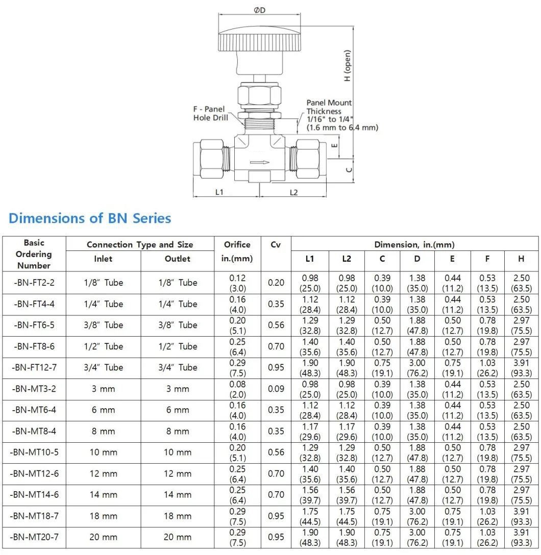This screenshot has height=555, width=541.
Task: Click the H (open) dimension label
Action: pyautogui.click(x=348, y=65)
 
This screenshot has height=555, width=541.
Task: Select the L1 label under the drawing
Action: pyautogui.click(x=219, y=192)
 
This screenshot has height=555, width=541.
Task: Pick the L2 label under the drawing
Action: pyautogui.click(x=293, y=192)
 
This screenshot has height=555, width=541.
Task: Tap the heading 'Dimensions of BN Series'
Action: pyautogui.click(x=90, y=218)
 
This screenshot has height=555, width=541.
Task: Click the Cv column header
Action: pyautogui.click(x=276, y=244)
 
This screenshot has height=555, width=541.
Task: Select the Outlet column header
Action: pyautogui.click(x=177, y=259)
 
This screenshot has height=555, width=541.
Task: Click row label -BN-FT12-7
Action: pyautogui.click(x=34, y=367)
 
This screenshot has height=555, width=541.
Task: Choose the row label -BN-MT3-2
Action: pyautogui.click(x=34, y=389)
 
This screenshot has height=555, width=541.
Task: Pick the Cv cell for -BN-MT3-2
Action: pyautogui.click(x=276, y=389)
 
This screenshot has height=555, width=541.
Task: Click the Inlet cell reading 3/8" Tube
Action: pyautogui.click(x=104, y=325)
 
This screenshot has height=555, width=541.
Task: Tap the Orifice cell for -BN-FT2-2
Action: pyautogui.click(x=237, y=283)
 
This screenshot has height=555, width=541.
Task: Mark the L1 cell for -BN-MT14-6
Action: pyautogui.click(x=310, y=495)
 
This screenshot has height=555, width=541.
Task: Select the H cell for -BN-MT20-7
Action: pyautogui.click(x=521, y=537)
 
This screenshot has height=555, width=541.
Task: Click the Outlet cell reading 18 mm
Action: pyautogui.click(x=177, y=516)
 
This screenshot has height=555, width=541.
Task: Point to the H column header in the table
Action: pyautogui.click(x=521, y=259)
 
